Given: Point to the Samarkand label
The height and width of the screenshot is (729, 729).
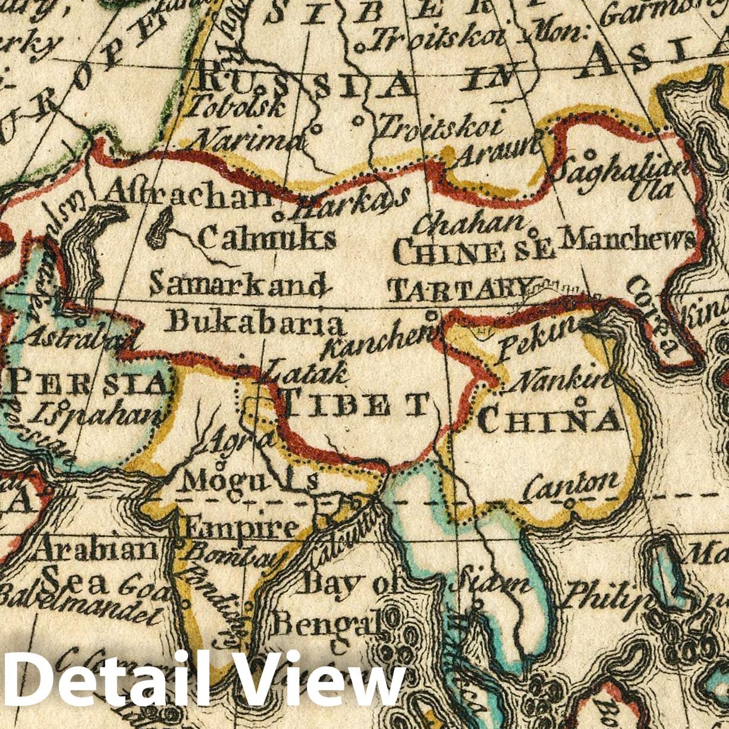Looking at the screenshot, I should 238,284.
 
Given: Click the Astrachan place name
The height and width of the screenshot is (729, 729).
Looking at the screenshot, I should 188,194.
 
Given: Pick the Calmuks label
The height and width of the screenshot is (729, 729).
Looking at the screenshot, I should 266,238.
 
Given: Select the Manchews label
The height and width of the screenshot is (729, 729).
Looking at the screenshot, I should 628,239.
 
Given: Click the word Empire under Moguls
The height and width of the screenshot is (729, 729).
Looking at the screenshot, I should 240,527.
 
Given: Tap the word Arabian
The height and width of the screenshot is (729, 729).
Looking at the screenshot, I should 95,549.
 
